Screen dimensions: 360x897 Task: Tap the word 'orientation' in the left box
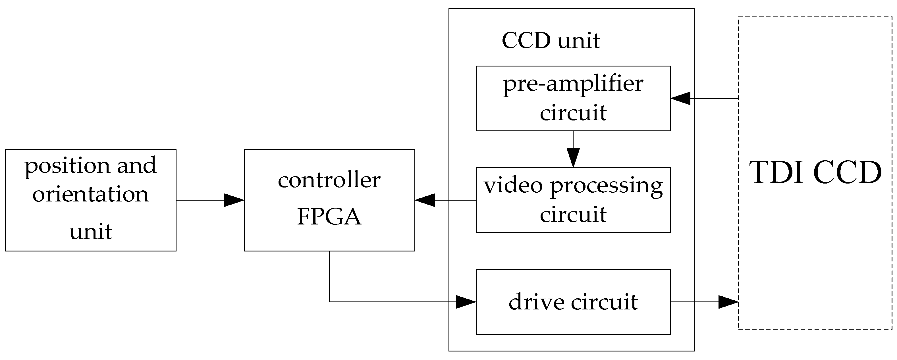[91, 194]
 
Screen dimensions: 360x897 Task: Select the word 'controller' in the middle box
[329, 180]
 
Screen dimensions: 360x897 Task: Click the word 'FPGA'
[329, 217]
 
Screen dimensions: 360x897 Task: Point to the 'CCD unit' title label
[551, 41]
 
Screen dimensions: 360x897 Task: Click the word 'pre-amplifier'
[573, 84]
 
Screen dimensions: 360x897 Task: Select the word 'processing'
[606, 186]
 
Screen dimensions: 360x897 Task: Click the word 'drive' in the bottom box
[536, 301]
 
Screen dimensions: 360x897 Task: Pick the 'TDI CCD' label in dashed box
[815, 173]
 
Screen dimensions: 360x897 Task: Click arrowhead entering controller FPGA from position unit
[234, 200]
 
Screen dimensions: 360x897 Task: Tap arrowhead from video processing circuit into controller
[425, 200]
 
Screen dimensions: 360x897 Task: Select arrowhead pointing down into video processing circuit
[573, 157]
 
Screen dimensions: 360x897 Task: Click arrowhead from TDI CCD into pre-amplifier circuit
[680, 99]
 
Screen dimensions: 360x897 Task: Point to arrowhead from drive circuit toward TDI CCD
[728, 302]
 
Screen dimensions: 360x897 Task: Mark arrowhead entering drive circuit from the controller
[466, 302]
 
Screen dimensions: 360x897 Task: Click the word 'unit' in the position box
[91, 232]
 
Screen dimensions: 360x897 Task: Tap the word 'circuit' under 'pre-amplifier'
[573, 113]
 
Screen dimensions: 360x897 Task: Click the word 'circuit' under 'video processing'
[573, 215]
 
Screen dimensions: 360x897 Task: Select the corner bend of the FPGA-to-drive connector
[329, 302]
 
